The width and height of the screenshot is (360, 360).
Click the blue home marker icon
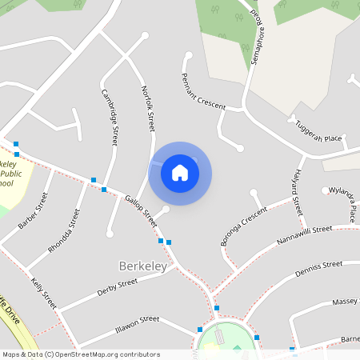click(180, 173)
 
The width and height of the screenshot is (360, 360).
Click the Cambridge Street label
click(110, 116)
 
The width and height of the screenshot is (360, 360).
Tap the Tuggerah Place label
click(318, 133)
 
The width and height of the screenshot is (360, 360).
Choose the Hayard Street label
click(297, 192)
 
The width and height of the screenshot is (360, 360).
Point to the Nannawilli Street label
click(304, 235)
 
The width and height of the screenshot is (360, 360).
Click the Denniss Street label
click(318, 269)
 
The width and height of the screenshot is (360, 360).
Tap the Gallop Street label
click(141, 210)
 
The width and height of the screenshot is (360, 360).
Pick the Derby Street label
click(117, 286)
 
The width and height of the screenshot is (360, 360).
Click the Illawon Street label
click(138, 322)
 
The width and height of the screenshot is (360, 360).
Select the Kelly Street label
click(45, 294)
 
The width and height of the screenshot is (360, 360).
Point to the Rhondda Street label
click(65, 231)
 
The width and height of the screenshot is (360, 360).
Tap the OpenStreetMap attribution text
click(81, 354)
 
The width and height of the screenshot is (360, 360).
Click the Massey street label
click(346, 302)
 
